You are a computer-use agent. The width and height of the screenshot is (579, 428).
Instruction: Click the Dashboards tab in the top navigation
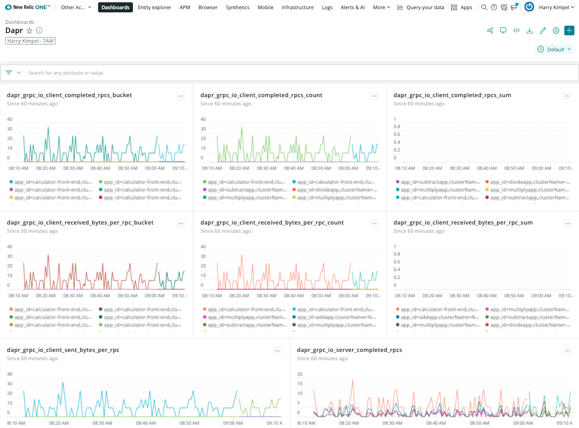(x=115, y=7)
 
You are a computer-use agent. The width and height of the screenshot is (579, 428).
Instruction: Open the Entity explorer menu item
(x=154, y=7)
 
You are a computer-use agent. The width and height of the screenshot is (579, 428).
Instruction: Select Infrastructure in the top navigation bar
(x=298, y=7)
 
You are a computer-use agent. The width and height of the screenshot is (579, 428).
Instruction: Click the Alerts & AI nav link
(x=353, y=7)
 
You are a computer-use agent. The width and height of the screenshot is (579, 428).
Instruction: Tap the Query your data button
(x=421, y=7)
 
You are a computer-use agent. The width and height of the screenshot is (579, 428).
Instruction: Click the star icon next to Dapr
(x=29, y=31)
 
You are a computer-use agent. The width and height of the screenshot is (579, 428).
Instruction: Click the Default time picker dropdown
(x=555, y=49)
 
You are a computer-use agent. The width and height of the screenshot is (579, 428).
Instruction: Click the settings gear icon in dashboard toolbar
(x=556, y=31)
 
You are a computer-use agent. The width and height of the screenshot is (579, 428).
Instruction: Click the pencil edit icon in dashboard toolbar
(x=543, y=31)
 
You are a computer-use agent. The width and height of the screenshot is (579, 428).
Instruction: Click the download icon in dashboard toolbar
(x=529, y=31)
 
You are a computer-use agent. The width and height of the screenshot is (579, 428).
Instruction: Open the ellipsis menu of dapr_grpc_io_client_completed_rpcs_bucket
(x=181, y=96)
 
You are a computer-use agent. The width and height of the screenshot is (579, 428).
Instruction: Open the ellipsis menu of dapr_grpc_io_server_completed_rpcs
(x=568, y=351)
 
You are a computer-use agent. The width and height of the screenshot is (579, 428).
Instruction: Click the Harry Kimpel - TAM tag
(x=30, y=41)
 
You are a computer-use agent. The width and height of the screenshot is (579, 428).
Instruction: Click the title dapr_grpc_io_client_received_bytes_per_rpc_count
(x=272, y=223)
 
